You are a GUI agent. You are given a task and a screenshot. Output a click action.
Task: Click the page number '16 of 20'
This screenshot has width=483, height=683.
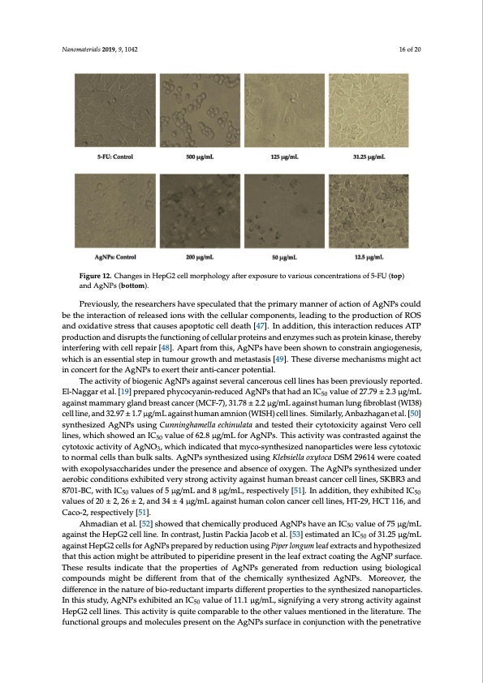point(407,49)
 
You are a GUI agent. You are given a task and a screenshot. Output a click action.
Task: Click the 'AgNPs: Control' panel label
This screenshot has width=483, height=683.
point(113,256)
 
